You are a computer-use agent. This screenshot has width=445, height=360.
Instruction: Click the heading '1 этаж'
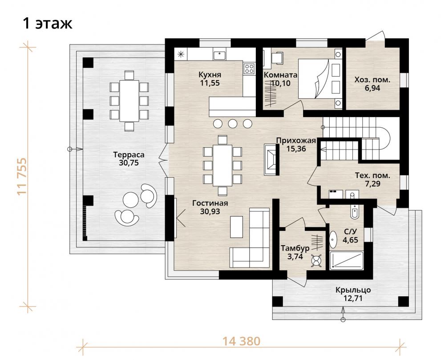48,23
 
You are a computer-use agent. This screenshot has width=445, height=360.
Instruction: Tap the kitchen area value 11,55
210,83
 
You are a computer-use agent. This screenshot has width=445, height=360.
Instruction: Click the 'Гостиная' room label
210,203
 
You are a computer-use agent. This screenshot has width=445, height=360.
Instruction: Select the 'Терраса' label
129,154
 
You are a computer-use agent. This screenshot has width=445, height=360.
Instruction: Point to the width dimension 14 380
241,341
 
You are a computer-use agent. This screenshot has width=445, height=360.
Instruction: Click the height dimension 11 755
22,176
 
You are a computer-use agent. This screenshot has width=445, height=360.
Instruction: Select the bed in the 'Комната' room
320,79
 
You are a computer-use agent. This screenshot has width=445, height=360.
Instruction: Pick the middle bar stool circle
233,123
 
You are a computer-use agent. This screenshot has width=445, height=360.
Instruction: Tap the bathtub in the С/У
346,260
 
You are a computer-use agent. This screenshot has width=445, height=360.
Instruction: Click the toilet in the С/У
354,211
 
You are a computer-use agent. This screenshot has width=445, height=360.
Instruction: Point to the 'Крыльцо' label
353,290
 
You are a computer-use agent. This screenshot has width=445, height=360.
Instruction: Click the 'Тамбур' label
295,248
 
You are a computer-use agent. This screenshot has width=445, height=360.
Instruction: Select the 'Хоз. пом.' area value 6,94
372,88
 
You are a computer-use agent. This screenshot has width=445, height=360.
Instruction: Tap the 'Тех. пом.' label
372,175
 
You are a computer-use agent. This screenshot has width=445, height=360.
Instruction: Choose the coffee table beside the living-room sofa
236,227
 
